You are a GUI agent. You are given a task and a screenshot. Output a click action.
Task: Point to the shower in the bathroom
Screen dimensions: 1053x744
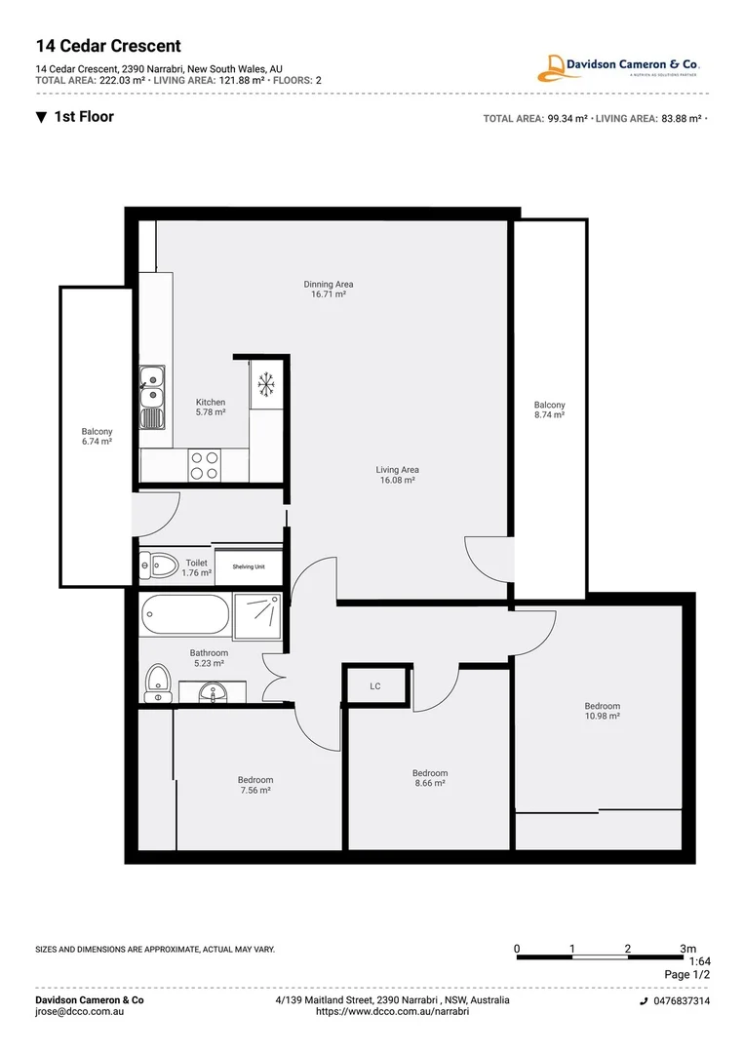pyautogui.click(x=258, y=615)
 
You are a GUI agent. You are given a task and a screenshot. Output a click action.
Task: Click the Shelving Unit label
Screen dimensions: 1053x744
pyautogui.click(x=248, y=566)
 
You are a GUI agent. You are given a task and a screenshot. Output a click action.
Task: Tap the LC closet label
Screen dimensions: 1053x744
pyautogui.click(x=375, y=686)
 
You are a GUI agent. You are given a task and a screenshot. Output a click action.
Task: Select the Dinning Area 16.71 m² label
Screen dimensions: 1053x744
pyautogui.click(x=328, y=289)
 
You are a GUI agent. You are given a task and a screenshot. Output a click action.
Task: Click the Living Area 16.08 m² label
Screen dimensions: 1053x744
pyautogui.click(x=397, y=475)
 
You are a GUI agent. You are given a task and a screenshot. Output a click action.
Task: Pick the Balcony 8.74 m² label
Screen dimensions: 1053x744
pyautogui.click(x=549, y=409)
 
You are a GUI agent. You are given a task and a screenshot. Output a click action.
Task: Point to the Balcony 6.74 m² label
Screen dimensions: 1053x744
pyautogui.click(x=97, y=437)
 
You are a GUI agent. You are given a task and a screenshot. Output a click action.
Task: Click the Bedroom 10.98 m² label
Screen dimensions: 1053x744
pyautogui.click(x=602, y=711)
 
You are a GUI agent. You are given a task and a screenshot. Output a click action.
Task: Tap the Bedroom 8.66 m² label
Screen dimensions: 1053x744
pyautogui.click(x=430, y=778)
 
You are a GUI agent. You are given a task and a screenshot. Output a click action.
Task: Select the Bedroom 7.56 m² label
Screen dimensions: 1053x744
pyautogui.click(x=255, y=785)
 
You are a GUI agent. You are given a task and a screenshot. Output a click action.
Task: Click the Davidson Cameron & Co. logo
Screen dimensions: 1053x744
pyautogui.click(x=620, y=67)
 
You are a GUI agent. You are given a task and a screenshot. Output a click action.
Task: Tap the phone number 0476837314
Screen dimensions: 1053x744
pyautogui.click(x=681, y=1001)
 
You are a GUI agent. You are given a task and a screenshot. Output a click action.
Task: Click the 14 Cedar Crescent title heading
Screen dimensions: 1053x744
pyautogui.click(x=108, y=46)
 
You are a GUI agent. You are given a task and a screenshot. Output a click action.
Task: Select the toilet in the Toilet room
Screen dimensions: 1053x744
pyautogui.click(x=159, y=565)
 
